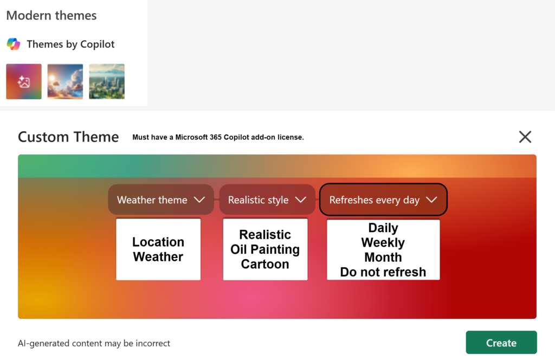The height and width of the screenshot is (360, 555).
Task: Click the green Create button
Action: click(x=501, y=343)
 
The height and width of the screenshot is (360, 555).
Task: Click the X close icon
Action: click(x=525, y=137)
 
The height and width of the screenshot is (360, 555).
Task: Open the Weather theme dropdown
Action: click(x=160, y=200)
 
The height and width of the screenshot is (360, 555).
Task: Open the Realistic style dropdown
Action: click(x=267, y=200)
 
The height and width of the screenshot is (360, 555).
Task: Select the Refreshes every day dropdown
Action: click(x=383, y=200)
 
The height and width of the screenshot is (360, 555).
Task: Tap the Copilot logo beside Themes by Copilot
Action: click(x=14, y=44)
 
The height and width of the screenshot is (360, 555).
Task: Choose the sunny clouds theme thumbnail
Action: click(x=65, y=81)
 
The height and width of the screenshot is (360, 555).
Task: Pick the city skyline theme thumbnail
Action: click(x=107, y=81)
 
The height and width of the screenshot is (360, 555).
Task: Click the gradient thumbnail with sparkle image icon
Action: click(x=24, y=81)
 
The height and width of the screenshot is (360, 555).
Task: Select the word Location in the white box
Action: click(x=158, y=242)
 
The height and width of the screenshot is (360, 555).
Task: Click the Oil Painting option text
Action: click(x=265, y=249)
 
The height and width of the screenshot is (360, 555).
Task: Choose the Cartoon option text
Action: click(x=265, y=264)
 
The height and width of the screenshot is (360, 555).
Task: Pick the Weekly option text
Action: click(x=383, y=242)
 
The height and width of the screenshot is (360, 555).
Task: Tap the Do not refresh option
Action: click(x=383, y=272)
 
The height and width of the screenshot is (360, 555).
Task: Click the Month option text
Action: click(x=383, y=257)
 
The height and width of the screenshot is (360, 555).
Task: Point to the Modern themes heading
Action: click(x=51, y=16)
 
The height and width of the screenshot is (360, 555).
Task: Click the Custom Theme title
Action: click(x=68, y=137)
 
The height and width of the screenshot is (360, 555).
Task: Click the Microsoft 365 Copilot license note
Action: click(x=218, y=138)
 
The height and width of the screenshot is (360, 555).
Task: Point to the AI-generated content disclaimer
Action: click(x=94, y=343)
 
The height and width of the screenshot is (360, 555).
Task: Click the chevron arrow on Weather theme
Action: click(x=199, y=200)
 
